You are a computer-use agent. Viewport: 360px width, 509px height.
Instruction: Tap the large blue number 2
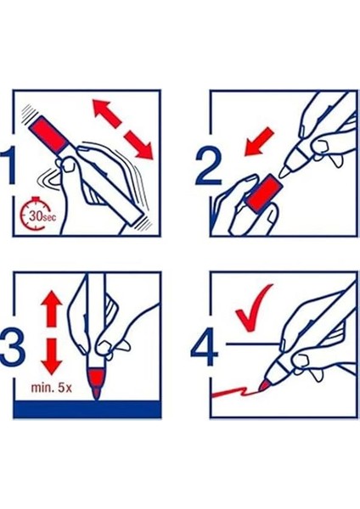click(x=209, y=166)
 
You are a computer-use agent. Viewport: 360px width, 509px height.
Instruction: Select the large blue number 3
click(x=12, y=347)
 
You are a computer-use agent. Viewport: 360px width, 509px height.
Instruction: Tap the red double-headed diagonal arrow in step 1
click(x=122, y=129)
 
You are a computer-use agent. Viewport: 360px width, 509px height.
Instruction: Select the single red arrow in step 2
click(x=259, y=142)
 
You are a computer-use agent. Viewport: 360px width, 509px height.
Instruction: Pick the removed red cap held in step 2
click(x=263, y=193)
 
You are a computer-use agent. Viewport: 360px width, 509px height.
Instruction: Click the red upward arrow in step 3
click(x=52, y=308)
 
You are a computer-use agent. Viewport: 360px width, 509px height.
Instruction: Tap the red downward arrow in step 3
click(x=52, y=356)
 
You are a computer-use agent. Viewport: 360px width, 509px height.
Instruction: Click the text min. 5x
click(x=51, y=388)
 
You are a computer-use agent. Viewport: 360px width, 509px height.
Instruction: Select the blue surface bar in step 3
click(x=87, y=409)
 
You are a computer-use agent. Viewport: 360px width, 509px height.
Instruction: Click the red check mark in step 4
click(x=254, y=307)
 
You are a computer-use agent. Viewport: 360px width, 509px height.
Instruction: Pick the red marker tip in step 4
click(x=264, y=386)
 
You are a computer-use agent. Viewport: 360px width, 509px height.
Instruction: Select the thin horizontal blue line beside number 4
click(x=253, y=343)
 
